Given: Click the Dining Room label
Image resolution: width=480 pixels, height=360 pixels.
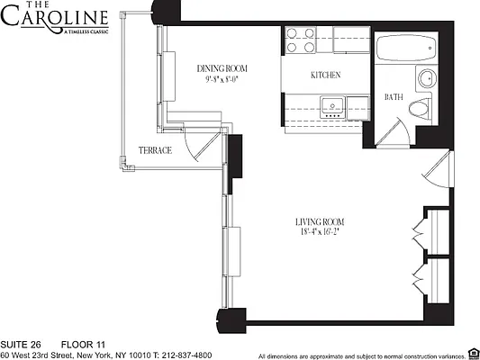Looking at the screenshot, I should coord(222,68).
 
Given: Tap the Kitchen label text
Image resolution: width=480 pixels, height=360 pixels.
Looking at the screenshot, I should coord(324,76).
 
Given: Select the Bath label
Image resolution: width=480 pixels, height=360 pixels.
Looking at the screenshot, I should coord(394,97).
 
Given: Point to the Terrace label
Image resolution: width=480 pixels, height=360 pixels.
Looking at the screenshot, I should coord(155,150).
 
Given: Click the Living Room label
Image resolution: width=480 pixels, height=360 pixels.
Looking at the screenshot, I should coord(320,221).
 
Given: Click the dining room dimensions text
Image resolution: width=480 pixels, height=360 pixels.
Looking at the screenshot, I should coord(222,79).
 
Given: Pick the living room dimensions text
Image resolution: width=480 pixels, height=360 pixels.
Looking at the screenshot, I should coord(320,232).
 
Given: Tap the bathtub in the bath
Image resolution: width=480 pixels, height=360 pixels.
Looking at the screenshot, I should coord(406,48).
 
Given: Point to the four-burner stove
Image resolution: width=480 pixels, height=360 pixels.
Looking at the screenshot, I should coord(302,40).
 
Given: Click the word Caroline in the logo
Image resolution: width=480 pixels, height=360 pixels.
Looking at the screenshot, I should coord(57,19).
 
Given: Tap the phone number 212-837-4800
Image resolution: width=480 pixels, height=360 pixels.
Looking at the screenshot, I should coord(188,355).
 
